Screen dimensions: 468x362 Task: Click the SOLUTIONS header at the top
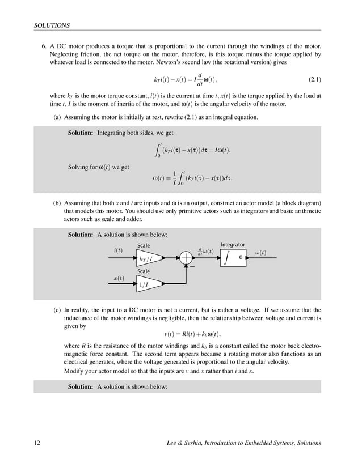[52, 25]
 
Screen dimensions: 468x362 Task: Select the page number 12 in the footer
[37, 443]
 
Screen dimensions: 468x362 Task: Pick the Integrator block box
[233, 258]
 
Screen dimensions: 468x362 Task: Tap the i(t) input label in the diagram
[118, 250]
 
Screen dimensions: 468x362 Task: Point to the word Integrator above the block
[233, 245]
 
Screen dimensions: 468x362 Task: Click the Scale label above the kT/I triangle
[144, 245]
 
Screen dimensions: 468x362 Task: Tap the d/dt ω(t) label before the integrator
[205, 251]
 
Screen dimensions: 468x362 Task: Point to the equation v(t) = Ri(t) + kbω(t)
[192, 334]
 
